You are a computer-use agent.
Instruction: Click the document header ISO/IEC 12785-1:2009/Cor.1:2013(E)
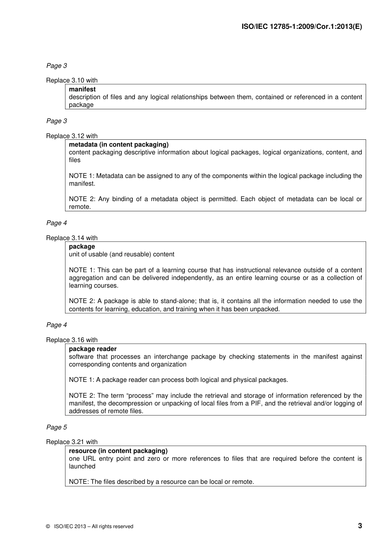point(301,27)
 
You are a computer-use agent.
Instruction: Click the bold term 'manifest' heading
point(82,89)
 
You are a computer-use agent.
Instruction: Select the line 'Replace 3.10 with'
point(72,80)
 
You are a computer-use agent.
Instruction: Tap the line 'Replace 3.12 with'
point(72,136)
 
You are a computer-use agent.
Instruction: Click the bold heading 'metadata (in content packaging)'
point(119,145)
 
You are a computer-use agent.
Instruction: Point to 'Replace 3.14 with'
point(72,238)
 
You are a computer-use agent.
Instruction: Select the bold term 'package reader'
point(93,349)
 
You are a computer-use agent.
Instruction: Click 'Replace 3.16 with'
point(72,340)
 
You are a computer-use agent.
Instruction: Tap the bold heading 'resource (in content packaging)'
point(118,451)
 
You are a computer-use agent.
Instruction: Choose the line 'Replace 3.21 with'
point(72,442)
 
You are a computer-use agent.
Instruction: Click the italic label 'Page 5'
point(56,427)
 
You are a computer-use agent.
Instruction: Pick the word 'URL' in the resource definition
point(89,459)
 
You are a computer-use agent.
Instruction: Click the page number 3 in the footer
point(360,526)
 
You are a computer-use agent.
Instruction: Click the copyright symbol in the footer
point(48,526)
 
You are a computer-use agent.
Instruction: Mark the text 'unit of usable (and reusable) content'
point(121,254)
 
